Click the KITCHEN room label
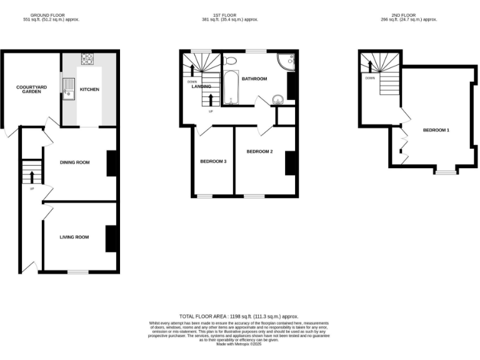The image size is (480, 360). [89, 89]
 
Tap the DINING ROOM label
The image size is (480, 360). [74, 162]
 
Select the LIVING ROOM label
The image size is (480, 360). [74, 237]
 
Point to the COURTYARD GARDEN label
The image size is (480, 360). [28, 89]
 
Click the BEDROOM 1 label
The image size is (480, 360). [436, 130]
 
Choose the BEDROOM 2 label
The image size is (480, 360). [259, 151]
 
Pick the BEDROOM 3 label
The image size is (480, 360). [213, 162]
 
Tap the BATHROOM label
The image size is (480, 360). [254, 79]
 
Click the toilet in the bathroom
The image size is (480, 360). [229, 61]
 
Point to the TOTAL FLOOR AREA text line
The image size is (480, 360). [239, 317]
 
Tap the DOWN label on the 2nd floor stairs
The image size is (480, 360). [370, 78]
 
